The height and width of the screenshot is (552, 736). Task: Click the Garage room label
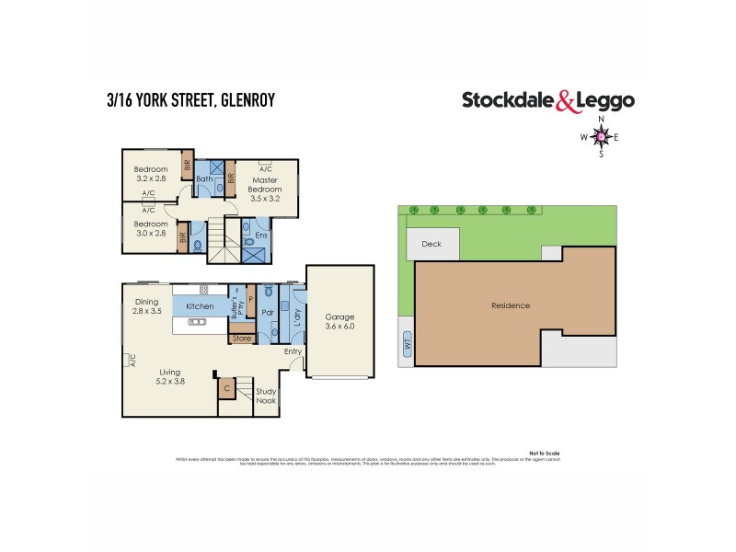coord(340,321)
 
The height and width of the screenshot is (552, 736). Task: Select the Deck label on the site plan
coord(431,244)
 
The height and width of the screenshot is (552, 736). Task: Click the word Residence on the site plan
coord(511,305)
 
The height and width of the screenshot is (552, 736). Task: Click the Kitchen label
coord(200,306)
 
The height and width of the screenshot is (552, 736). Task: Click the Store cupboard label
coord(242,339)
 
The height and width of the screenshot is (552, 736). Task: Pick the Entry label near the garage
coord(293,351)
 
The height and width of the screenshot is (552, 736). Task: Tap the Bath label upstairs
coord(204,178)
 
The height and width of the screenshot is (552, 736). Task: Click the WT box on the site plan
coord(407,349)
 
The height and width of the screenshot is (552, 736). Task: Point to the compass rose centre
coord(602,137)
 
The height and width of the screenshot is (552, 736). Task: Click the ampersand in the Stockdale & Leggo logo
coord(568,101)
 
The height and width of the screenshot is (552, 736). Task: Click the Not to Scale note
coord(544,453)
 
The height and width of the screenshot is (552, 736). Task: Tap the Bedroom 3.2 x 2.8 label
coord(150,174)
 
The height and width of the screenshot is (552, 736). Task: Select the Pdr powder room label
coord(268,312)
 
